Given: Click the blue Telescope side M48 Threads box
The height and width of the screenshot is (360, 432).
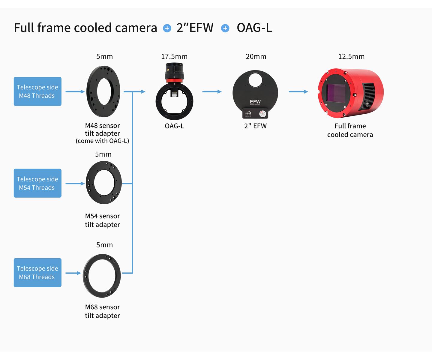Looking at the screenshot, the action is (37, 91).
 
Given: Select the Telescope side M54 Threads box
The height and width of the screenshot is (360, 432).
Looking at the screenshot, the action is (37, 183).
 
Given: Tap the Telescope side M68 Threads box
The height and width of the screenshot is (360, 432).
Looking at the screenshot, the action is (37, 272).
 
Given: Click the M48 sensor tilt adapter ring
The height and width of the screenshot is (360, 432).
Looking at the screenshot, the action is (91, 91).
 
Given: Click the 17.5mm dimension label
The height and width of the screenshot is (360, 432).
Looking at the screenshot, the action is (174, 56).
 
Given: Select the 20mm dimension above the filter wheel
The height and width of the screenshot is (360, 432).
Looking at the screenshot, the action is (256, 56).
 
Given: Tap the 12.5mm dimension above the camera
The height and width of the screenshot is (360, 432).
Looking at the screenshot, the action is (351, 56).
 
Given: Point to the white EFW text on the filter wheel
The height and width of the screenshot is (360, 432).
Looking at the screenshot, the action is (255, 102).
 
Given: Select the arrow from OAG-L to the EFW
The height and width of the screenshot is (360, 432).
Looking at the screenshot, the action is (212, 91).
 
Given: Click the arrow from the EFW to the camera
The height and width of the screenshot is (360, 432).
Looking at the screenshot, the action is (298, 91).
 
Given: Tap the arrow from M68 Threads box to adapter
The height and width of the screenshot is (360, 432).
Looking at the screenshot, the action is (73, 273).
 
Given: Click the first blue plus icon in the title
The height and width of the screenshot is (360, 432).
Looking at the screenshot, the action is (167, 28).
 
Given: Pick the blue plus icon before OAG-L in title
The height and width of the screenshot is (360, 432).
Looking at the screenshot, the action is (225, 28).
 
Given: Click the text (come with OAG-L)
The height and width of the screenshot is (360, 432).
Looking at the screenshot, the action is (102, 141).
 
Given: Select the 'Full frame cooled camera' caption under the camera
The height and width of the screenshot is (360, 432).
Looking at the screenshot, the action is (350, 130).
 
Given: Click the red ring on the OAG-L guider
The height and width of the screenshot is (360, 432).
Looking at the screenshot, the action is (174, 80).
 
